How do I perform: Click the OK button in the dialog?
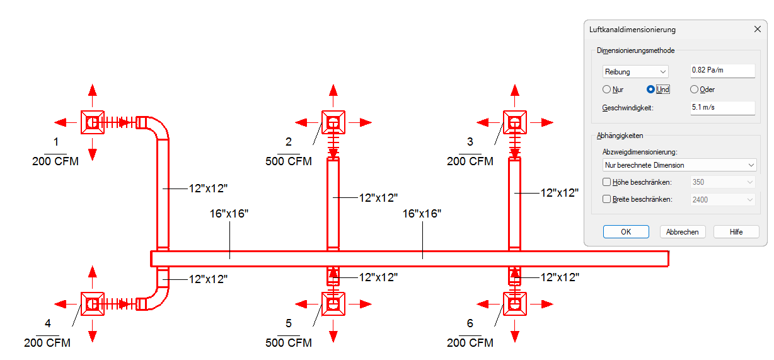pos(625,231)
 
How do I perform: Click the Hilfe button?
pos(736,231)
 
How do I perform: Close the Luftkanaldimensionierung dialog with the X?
pos(757,29)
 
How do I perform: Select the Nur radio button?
pos(607,90)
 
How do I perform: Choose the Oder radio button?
pos(694,90)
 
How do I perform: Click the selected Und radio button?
pos(651,90)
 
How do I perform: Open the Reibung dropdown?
pos(635,72)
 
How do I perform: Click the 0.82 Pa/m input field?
pos(722,71)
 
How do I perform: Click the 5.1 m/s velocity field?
pos(722,108)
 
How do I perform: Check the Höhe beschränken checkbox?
pos(607,182)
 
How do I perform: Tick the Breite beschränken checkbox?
pos(607,199)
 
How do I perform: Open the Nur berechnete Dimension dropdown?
pos(679,165)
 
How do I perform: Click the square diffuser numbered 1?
pos(92,122)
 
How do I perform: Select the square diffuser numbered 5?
pos(333,304)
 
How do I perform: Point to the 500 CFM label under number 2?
pos(289,161)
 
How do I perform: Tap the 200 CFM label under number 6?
pos(470,343)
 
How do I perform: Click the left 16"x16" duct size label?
pos(229,214)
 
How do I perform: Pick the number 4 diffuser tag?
pos(48,323)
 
